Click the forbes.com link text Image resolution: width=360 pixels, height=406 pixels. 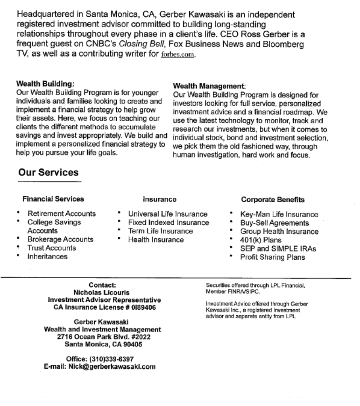[x=178, y=54]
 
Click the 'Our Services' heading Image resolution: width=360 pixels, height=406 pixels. [x=48, y=173]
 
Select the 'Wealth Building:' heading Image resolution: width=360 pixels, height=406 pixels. [x=45, y=84]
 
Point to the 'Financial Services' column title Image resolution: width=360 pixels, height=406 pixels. [x=53, y=199]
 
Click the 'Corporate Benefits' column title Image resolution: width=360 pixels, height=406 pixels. [x=273, y=199]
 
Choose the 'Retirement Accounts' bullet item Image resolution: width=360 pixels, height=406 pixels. [x=62, y=214]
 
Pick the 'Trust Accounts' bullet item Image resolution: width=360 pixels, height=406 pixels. [x=52, y=248]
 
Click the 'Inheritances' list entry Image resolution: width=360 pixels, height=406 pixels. [x=47, y=257]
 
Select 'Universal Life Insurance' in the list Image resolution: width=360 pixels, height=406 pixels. [x=167, y=214]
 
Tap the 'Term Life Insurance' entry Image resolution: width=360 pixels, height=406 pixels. [x=160, y=231]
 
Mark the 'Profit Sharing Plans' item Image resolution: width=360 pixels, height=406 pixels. [x=272, y=257]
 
